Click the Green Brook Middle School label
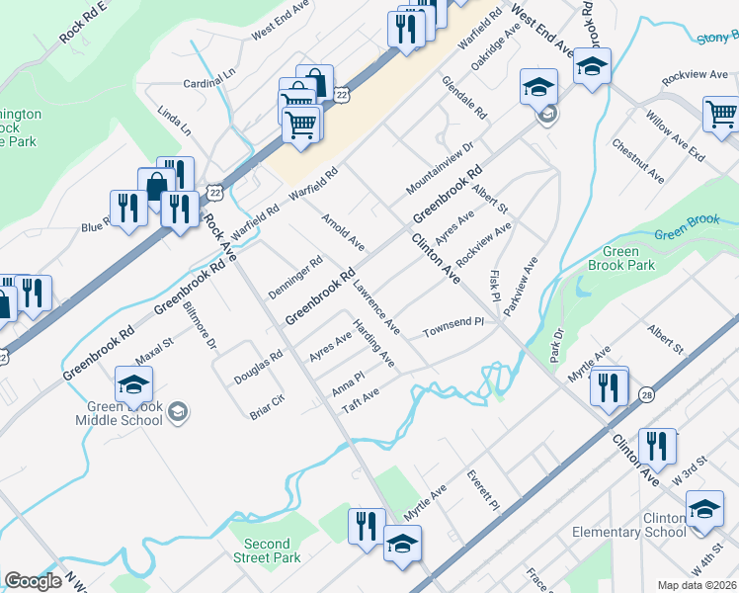click(x=119, y=412)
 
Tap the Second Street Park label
click(x=267, y=551)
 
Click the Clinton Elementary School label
click(x=629, y=525)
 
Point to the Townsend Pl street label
click(x=453, y=325)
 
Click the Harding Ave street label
click(x=374, y=345)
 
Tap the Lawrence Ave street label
click(x=375, y=306)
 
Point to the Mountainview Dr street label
click(x=440, y=166)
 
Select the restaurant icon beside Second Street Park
click(x=366, y=526)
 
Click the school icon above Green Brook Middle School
click(x=134, y=383)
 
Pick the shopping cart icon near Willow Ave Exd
click(x=721, y=114)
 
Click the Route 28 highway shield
click(x=646, y=394)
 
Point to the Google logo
click(x=33, y=581)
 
